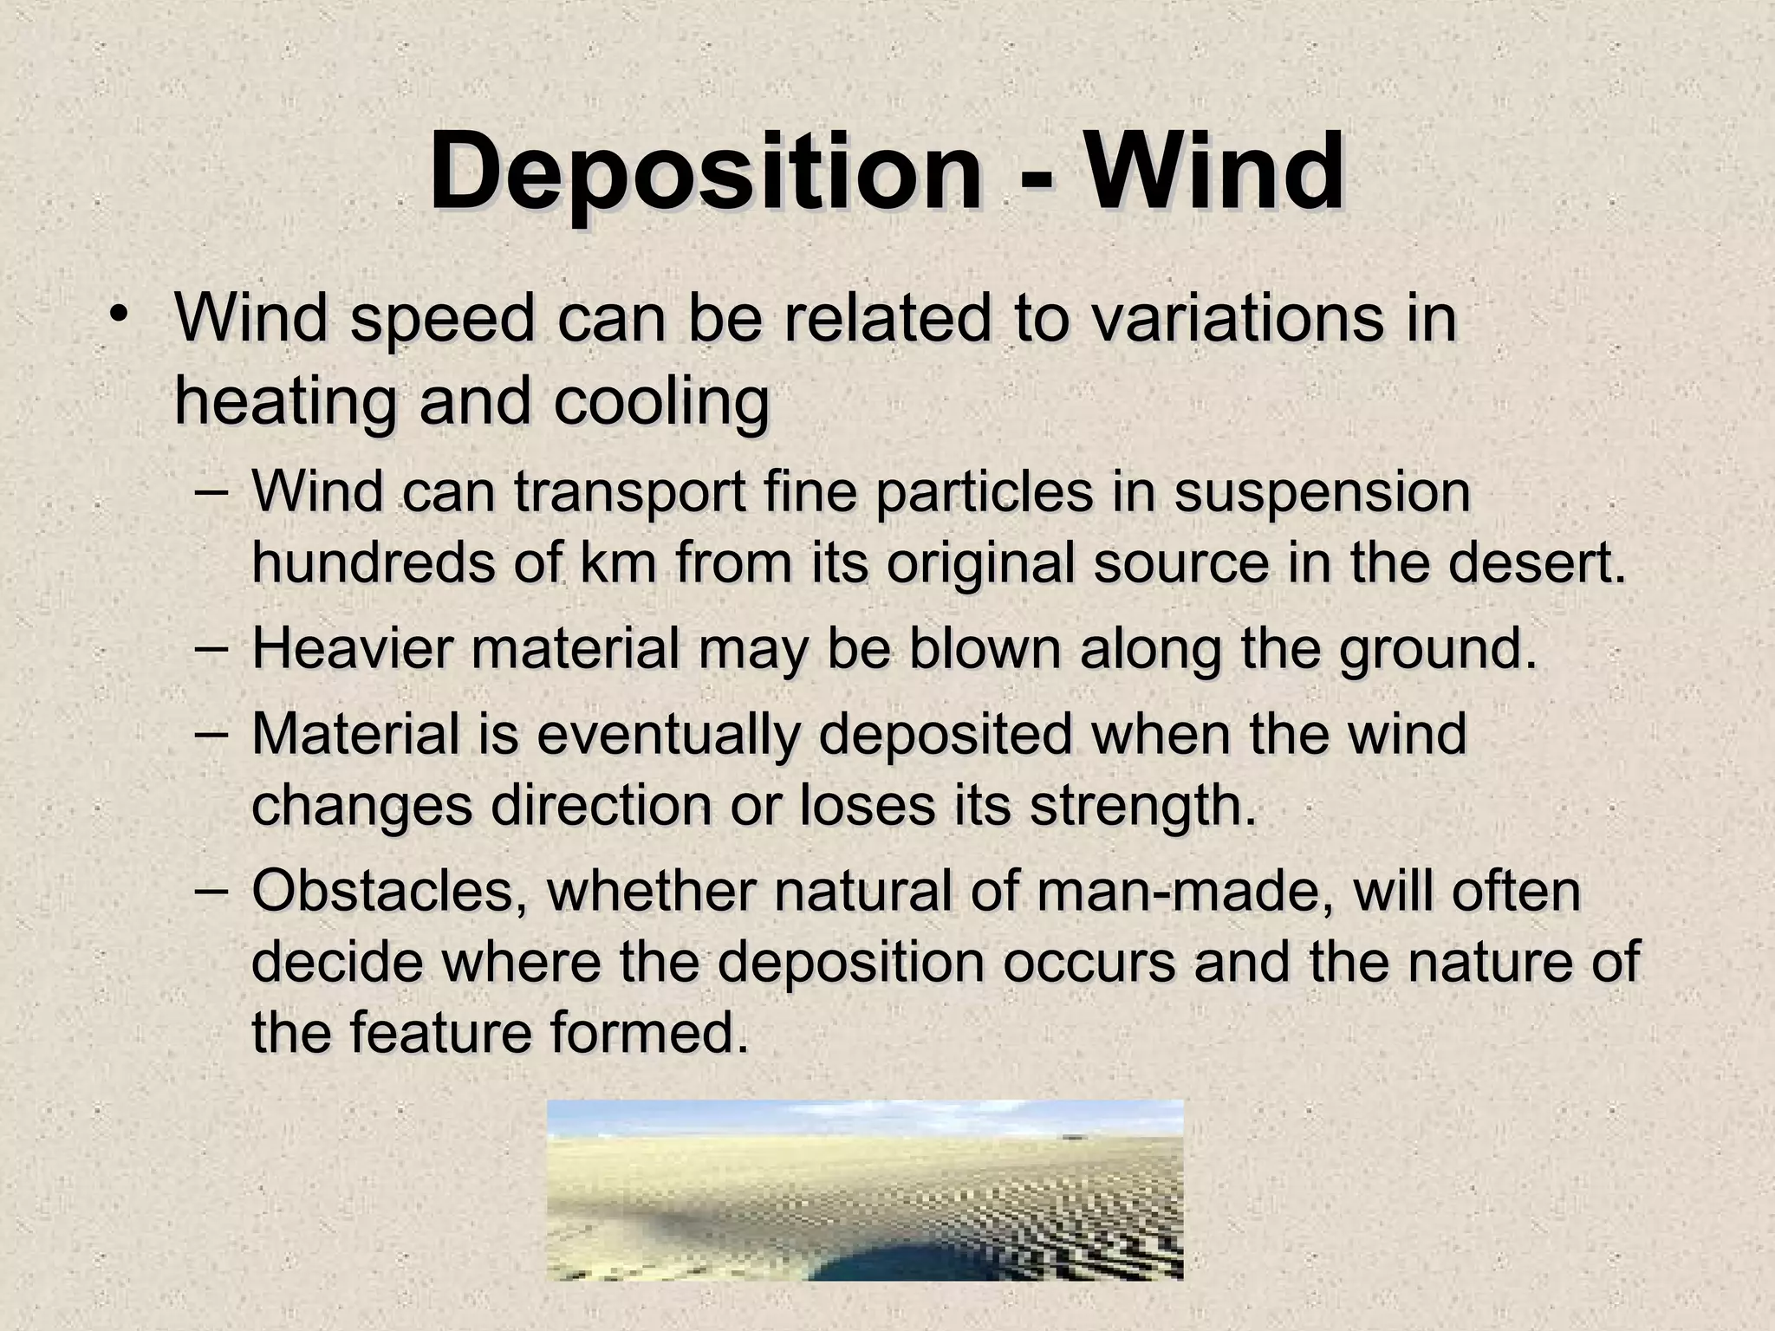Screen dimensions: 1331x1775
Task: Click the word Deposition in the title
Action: [705, 172]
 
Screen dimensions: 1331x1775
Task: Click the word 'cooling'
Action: [661, 404]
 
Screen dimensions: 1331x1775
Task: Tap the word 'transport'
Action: [629, 493]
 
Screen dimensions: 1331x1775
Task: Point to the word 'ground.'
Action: [1438, 651]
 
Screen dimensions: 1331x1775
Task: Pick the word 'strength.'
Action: [1142, 806]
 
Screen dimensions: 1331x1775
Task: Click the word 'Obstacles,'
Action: [389, 892]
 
